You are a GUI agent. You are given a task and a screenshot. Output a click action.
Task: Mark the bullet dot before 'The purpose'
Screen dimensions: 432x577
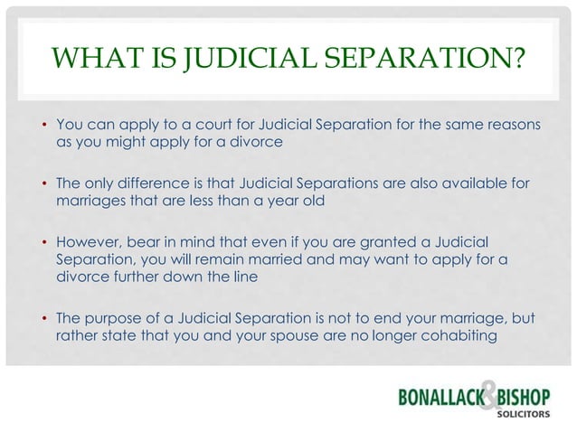(43, 320)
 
